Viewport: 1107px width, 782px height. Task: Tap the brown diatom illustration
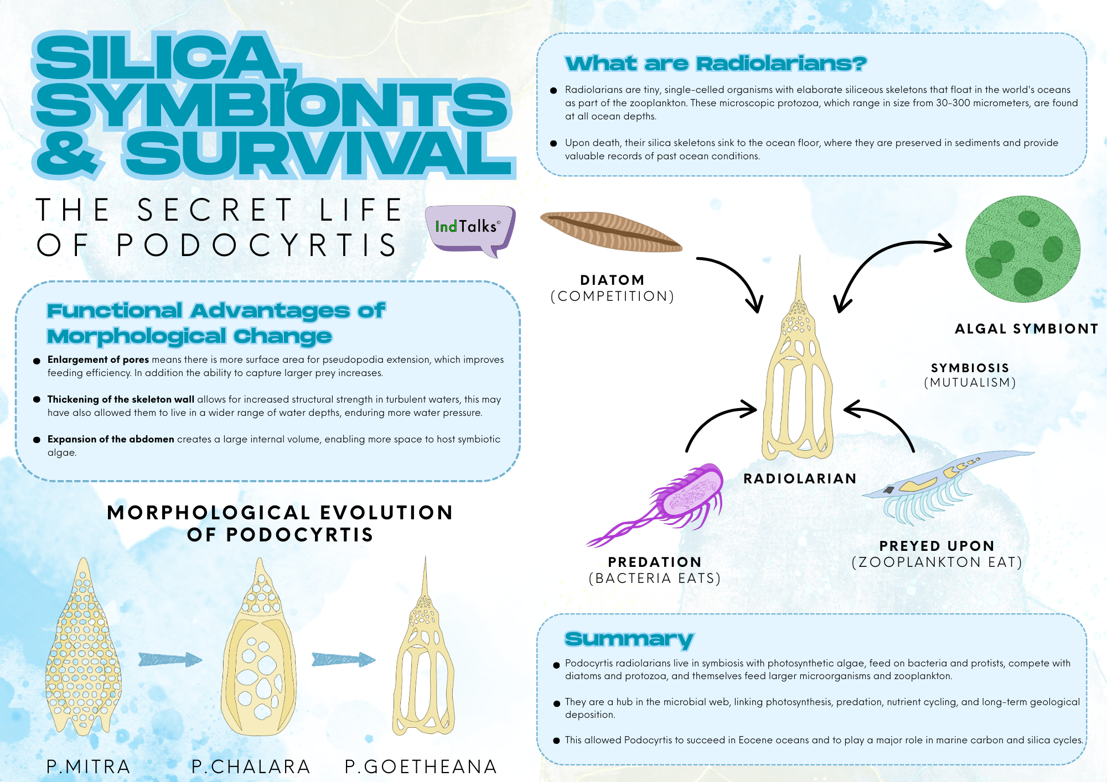coord(611,232)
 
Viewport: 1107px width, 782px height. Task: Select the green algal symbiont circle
coord(1023,249)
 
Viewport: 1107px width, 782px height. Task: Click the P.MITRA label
coord(89,767)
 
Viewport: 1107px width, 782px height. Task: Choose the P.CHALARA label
coord(251,767)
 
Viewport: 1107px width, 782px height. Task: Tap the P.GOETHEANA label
coord(421,767)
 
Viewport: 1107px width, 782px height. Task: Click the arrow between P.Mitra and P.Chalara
coord(170,659)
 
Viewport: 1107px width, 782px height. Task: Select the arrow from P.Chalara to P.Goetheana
coord(344,659)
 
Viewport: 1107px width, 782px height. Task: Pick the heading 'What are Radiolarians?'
coord(716,64)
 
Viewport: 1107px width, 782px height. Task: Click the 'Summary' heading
coord(629,639)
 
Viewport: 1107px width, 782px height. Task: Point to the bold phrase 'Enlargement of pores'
coord(98,359)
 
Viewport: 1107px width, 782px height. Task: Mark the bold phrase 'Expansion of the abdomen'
coord(111,439)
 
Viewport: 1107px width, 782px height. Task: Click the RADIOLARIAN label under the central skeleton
coord(800,478)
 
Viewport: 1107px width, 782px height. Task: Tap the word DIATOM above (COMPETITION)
coord(612,280)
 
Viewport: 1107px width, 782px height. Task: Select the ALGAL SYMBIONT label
coord(1027,329)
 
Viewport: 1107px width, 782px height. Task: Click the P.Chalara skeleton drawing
coord(258,647)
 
